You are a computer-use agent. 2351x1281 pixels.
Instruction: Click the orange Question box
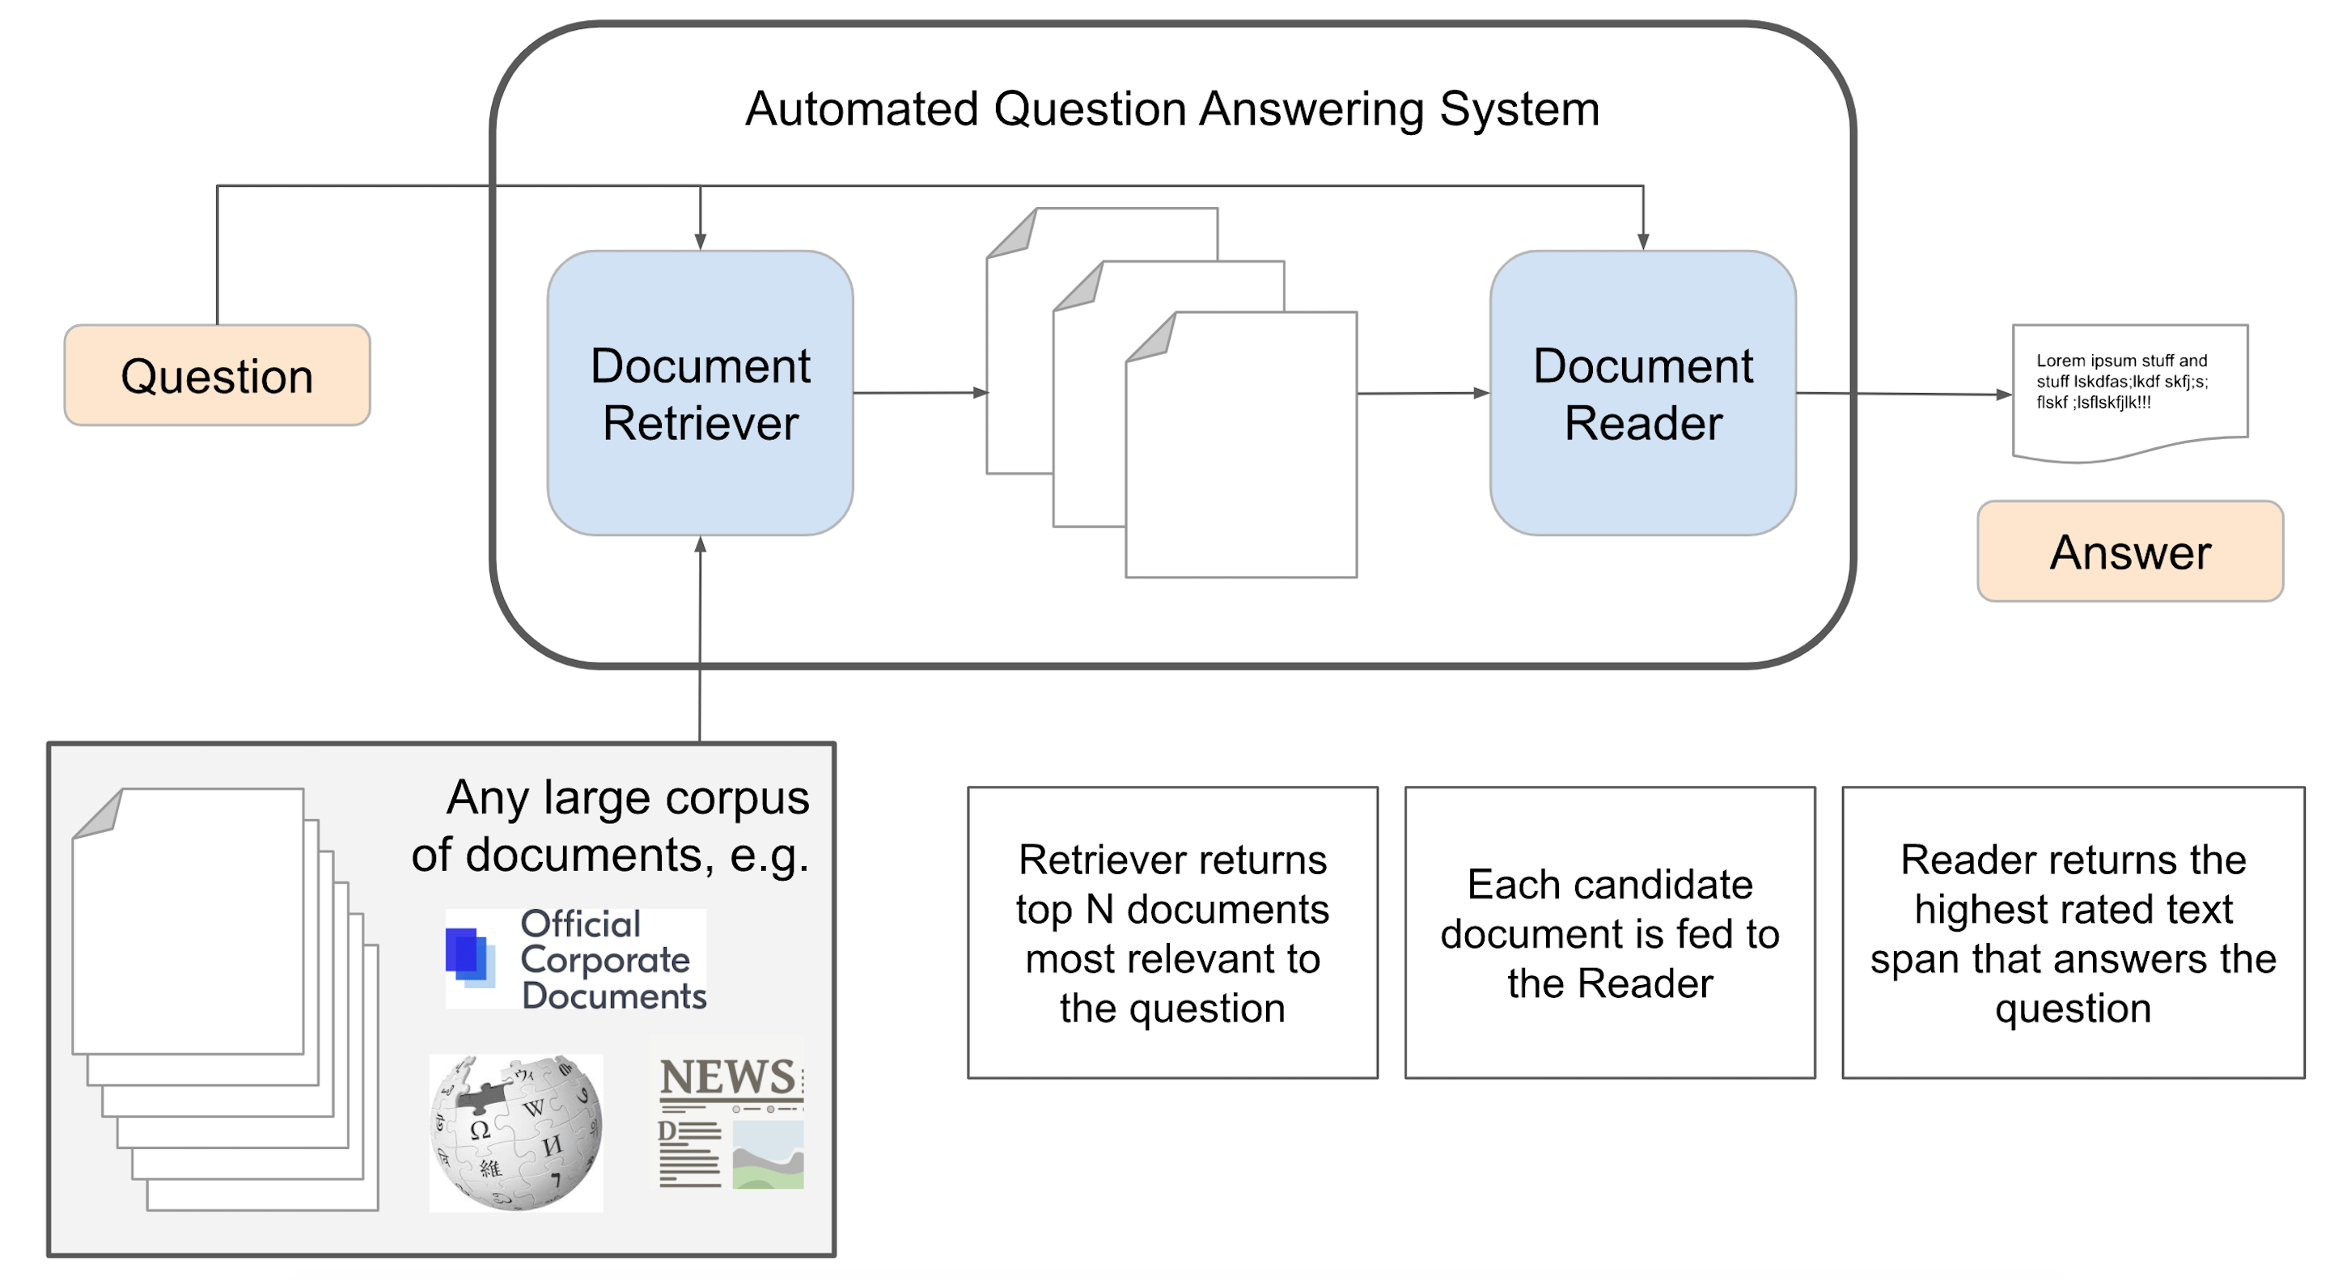point(217,375)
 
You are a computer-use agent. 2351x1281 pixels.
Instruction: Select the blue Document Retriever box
point(700,393)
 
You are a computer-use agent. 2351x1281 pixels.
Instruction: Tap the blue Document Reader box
point(1643,393)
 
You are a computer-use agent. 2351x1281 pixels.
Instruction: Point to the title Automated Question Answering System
point(1171,108)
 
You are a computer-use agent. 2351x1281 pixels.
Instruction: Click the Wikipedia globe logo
point(515,1132)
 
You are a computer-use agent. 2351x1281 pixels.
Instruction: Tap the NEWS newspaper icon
point(730,1122)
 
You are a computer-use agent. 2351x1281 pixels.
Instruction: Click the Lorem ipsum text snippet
point(2122,382)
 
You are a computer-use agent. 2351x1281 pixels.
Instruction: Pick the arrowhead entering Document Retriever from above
point(700,241)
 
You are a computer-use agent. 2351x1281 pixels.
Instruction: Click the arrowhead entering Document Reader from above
point(1643,241)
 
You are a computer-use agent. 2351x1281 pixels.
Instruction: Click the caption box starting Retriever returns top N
point(1171,932)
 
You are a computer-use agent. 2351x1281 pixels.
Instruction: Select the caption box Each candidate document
point(1609,932)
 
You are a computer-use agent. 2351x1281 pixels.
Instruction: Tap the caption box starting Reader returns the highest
point(2073,932)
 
